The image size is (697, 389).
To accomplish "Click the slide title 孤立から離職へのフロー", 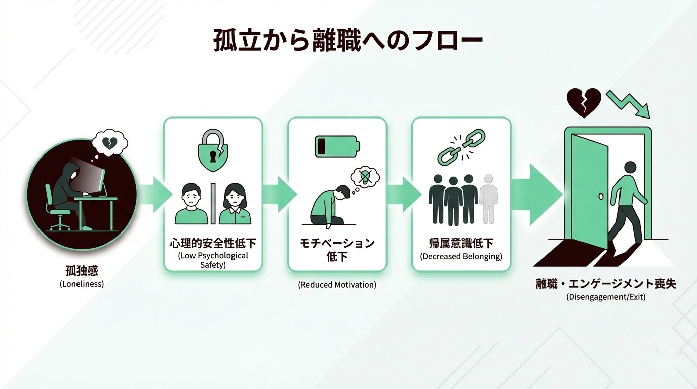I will tap(347, 41).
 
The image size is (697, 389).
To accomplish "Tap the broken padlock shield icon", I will tap(212, 151).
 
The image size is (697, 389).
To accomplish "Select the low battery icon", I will tap(337, 145).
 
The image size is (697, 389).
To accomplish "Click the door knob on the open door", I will tap(600, 196).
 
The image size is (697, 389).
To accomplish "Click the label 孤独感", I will tap(82, 271).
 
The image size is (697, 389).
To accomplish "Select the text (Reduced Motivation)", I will tap(337, 285).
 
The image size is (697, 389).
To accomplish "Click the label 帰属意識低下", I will tap(461, 243).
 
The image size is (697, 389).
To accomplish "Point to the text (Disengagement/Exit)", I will tap(606, 297).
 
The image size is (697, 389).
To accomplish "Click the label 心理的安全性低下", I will tap(213, 243).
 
